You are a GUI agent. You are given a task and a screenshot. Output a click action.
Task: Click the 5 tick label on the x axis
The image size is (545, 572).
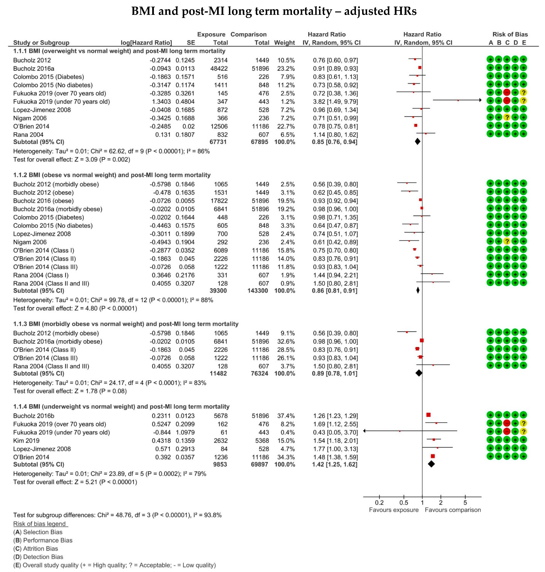(465, 503)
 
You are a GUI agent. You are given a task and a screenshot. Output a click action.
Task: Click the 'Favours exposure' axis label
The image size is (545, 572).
(394, 510)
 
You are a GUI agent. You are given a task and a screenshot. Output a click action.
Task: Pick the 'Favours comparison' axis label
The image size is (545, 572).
(453, 510)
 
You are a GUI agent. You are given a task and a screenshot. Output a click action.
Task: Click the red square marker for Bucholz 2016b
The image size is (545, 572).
(429, 415)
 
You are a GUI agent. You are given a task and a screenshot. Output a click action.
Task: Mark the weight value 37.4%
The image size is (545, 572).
(286, 416)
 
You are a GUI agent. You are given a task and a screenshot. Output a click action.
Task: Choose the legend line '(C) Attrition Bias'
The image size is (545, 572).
(35, 548)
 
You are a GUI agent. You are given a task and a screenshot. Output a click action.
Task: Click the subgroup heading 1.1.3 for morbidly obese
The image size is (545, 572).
(125, 324)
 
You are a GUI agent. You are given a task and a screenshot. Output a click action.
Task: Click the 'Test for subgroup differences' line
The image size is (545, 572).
(117, 515)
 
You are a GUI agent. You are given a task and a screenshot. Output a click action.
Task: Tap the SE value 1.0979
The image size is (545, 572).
(185, 433)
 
